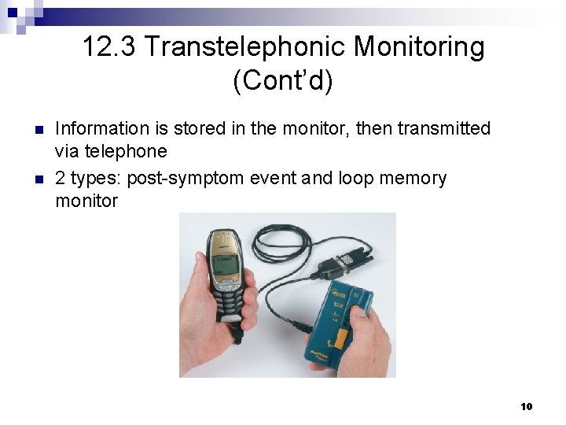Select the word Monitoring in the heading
tap(419, 47)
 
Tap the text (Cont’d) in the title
tap(283, 81)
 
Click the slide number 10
tap(527, 406)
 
